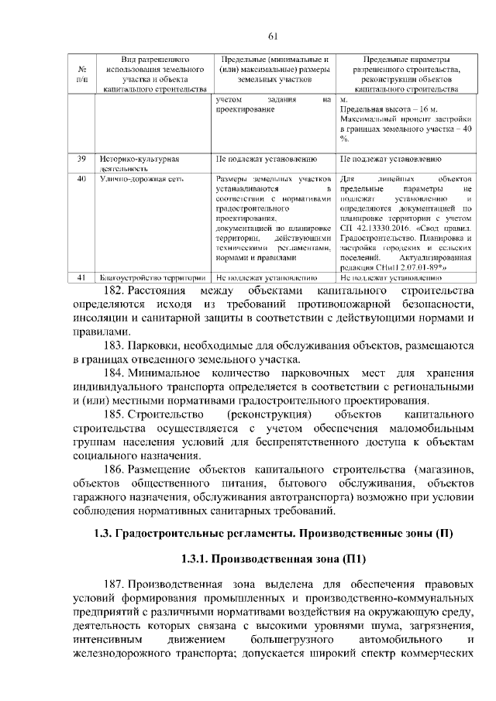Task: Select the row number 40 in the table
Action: tap(81, 180)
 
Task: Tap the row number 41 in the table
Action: tap(81, 277)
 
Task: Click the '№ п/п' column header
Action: tap(81, 74)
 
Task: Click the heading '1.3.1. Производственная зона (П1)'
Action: tap(273, 558)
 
